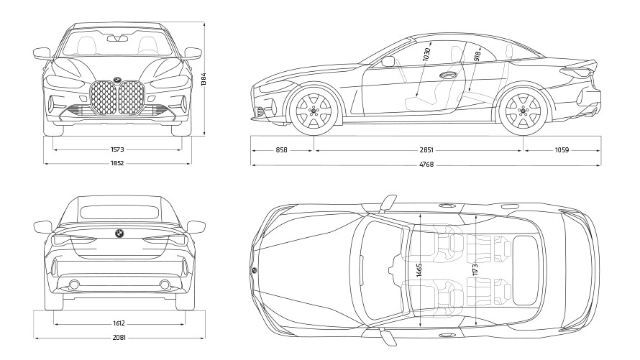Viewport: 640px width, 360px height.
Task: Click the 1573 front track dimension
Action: pos(117,149)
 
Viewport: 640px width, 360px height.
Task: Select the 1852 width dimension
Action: pos(117,163)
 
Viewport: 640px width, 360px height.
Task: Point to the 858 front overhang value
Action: pos(281,150)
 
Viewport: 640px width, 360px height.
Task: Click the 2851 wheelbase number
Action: pos(426,150)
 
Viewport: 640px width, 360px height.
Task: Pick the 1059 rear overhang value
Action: pos(562,150)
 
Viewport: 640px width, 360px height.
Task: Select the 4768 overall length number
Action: pos(426,165)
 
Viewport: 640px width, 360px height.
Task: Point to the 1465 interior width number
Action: pos(419,272)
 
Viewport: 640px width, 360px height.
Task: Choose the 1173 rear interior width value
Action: pos(475,272)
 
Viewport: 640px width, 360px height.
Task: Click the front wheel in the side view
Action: pos(314,111)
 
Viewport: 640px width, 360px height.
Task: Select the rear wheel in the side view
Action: pos(523,111)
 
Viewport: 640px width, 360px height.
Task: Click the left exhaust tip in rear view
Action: pos(74,285)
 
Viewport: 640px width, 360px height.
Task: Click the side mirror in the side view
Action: pos(388,62)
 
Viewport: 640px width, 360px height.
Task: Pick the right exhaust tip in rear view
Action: pos(165,285)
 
